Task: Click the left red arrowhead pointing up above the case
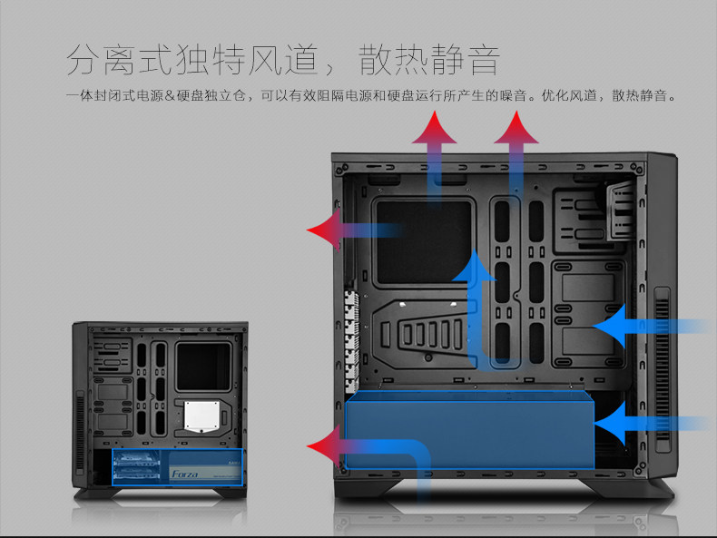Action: [435, 132]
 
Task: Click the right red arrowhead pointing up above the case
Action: [516, 131]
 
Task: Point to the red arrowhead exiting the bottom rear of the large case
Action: [325, 445]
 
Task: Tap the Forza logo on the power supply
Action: [185, 474]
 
